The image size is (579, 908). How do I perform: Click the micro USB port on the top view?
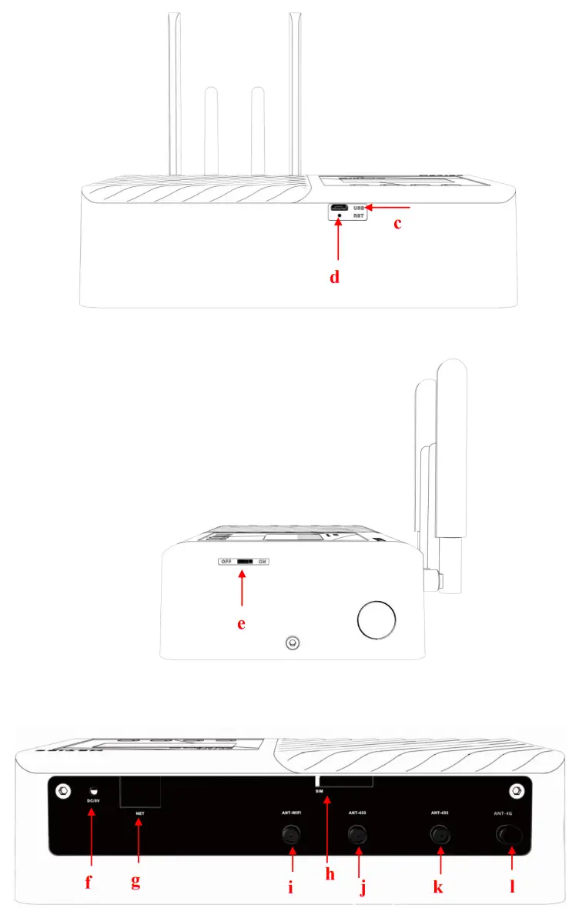(x=339, y=209)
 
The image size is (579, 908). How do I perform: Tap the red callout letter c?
(x=397, y=225)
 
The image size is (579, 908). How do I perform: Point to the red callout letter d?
(x=335, y=277)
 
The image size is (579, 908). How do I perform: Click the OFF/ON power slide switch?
(x=245, y=562)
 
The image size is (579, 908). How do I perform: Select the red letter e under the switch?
(x=241, y=623)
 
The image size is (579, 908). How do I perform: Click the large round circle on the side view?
(x=377, y=619)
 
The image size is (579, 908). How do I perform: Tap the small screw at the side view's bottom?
(x=292, y=641)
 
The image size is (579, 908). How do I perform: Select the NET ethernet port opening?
(x=139, y=791)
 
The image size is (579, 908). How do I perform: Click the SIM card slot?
(x=346, y=781)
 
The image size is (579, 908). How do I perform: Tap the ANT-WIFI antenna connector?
(x=291, y=834)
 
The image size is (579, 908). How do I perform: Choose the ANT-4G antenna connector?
(x=510, y=834)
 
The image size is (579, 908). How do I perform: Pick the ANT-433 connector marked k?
(x=440, y=834)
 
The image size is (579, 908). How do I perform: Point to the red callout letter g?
(x=136, y=882)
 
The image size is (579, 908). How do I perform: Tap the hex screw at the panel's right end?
(x=517, y=790)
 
